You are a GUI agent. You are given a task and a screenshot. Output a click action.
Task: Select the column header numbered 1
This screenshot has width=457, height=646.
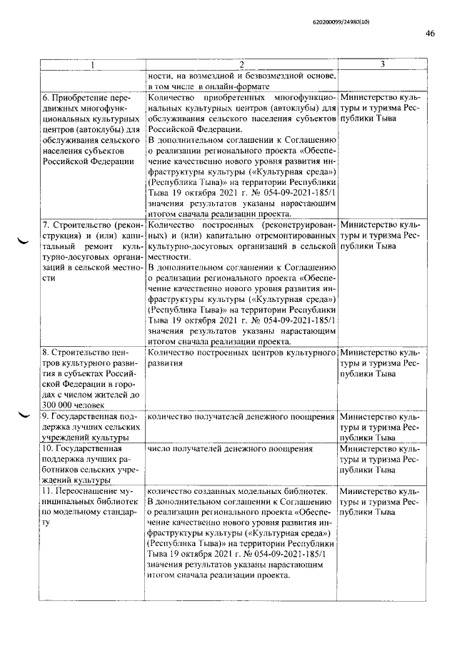[x=91, y=66]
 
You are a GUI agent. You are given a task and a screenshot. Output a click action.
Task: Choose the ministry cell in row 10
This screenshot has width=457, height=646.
[x=381, y=460]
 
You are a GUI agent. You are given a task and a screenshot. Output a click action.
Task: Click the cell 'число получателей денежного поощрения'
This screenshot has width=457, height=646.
[x=230, y=449]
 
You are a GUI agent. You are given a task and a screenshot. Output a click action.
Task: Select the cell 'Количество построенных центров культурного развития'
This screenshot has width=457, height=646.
[x=241, y=358]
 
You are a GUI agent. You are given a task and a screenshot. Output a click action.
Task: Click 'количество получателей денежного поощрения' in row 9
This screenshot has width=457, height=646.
[x=241, y=416]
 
